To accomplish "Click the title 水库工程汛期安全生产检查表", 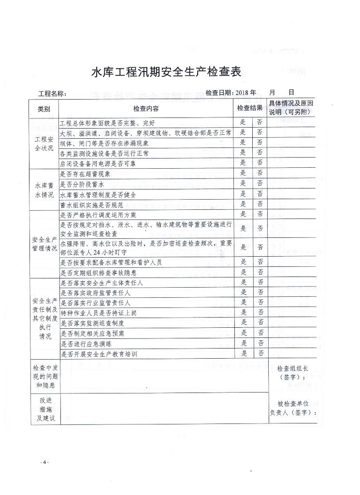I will coord(166,72).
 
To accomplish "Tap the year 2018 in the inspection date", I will coord(241,93).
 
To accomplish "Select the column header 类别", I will coord(43,109).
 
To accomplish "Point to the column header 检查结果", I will coord(249,108).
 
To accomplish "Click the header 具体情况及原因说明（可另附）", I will coord(291,108).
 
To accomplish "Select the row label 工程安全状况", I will coord(44,144).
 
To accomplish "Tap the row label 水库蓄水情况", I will coord(44,189).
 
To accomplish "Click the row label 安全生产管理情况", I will coord(44,244).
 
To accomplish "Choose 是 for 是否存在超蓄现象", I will coord(243,173).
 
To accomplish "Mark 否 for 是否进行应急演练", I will coord(260,343).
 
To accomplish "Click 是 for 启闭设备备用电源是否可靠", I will coord(243,162).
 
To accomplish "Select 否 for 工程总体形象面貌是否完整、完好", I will coord(260,122).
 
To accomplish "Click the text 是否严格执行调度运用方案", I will coord(98,215).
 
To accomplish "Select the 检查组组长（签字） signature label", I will coord(292,373).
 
